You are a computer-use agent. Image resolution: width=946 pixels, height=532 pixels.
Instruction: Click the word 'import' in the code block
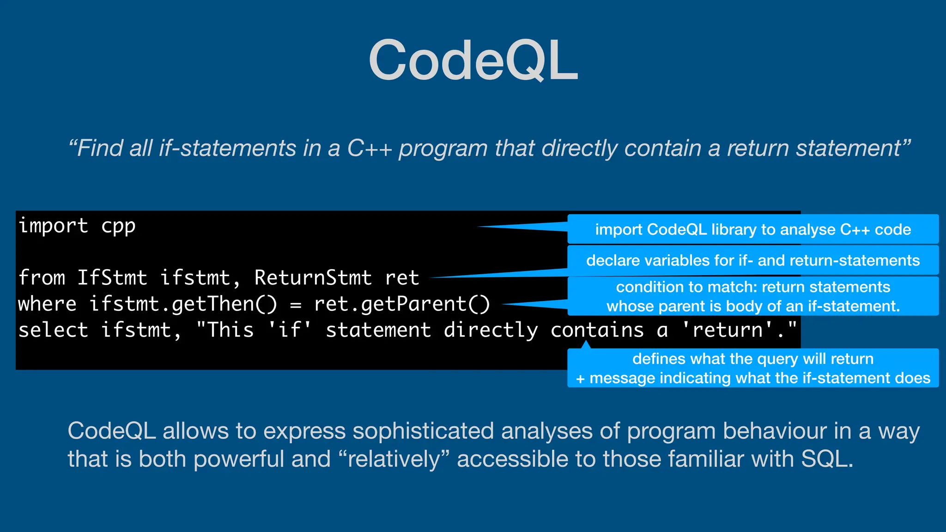click(x=53, y=226)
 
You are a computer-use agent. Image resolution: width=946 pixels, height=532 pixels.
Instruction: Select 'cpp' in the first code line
click(x=118, y=226)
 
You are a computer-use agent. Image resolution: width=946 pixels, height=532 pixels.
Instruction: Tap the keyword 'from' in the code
click(x=42, y=278)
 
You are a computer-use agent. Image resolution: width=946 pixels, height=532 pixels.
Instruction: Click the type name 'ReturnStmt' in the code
click(x=313, y=278)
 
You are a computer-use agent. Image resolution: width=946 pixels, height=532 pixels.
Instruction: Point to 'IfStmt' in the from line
click(x=112, y=278)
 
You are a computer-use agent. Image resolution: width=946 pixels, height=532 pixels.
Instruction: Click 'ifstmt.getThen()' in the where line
click(x=183, y=304)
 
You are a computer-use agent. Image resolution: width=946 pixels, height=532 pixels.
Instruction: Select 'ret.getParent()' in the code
click(x=402, y=304)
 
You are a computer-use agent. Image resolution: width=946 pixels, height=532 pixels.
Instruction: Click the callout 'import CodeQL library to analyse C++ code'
click(x=753, y=230)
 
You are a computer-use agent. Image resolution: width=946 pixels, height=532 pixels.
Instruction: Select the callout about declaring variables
click(x=753, y=260)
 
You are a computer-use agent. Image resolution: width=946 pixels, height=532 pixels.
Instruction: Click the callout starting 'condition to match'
click(x=753, y=296)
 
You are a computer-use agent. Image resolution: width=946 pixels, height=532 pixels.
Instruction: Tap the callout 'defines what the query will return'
click(x=753, y=368)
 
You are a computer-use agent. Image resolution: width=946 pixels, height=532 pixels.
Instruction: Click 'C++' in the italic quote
click(x=370, y=149)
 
